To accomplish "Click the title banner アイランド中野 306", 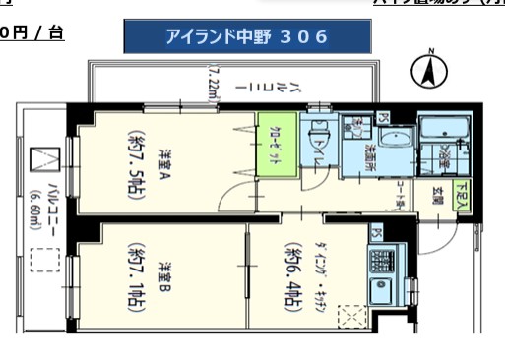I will pos(247,37).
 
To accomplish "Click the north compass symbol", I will pos(429,70).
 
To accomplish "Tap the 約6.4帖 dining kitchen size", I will pos(294,276).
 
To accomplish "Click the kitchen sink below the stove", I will pos(380,292).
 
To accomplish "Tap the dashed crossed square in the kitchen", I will pos(351,318).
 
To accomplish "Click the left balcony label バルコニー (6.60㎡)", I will pos(44,201).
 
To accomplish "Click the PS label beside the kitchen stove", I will pos(376,233).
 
